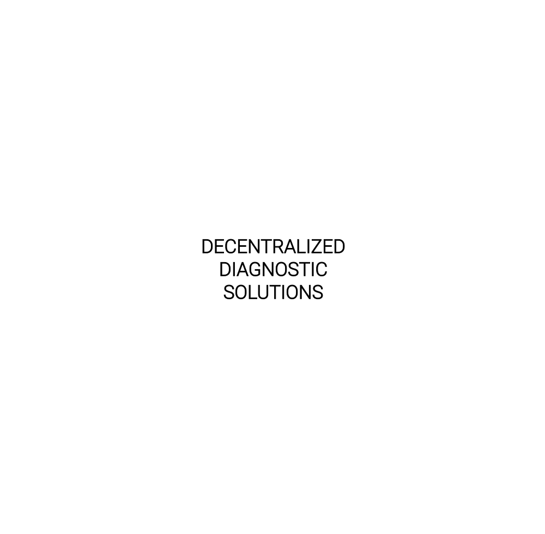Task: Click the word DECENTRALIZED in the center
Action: (x=273, y=247)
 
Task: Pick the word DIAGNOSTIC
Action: (x=273, y=269)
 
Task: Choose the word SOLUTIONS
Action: (x=273, y=292)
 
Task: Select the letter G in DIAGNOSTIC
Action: (x=256, y=269)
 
